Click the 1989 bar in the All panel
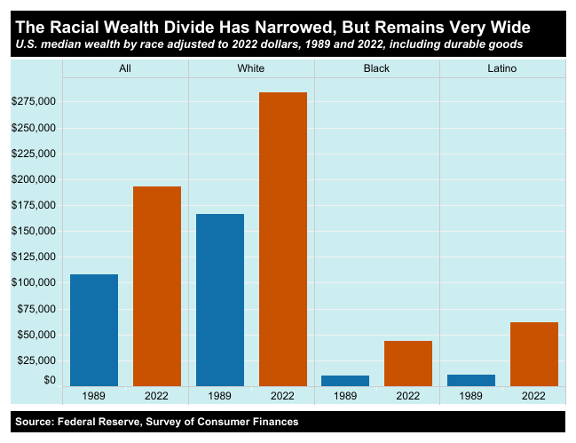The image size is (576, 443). pos(94,330)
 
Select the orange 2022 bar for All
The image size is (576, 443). pos(157,286)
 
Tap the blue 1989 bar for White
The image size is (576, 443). pos(220,300)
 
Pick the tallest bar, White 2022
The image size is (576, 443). pos(282,239)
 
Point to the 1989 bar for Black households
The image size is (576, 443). pos(345,381)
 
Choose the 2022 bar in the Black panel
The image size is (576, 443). pos(408,363)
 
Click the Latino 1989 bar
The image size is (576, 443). pos(471,380)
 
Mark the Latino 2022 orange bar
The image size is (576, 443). pos(534,354)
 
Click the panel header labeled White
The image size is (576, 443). pos(251,68)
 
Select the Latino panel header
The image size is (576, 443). pos(502,68)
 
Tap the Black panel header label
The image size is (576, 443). pos(377,68)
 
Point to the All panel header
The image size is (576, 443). pos(125,68)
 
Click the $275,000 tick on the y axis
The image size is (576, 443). pos(35,102)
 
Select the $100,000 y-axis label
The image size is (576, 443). pos(35,282)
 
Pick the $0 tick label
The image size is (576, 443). pos(48,381)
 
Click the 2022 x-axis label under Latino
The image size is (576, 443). pos(534,395)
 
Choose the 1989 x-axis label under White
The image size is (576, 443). pos(220,395)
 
